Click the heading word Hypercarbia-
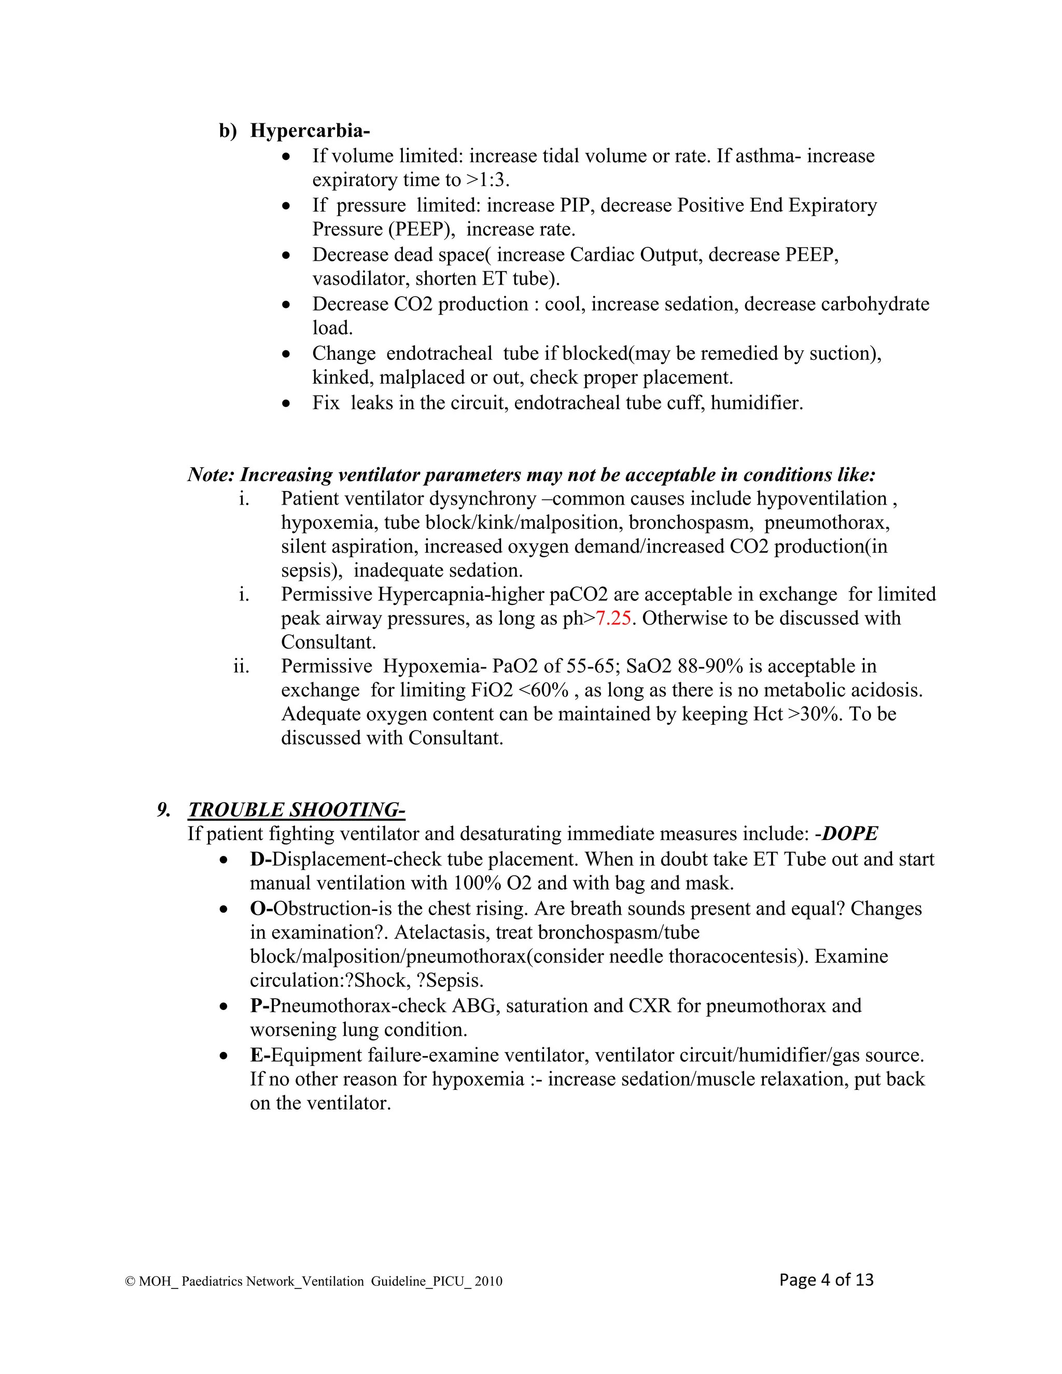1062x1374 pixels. coord(310,130)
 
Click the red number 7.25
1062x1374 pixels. coord(613,618)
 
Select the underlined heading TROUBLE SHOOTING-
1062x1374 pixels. coord(296,810)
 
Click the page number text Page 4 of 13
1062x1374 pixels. coord(826,1280)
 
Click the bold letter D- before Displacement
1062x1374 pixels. coord(260,859)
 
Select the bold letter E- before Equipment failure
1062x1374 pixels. coord(260,1055)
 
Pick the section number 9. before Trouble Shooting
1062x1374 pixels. coord(163,810)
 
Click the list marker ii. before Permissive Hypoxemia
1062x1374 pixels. coord(241,666)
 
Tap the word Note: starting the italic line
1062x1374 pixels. coord(211,474)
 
